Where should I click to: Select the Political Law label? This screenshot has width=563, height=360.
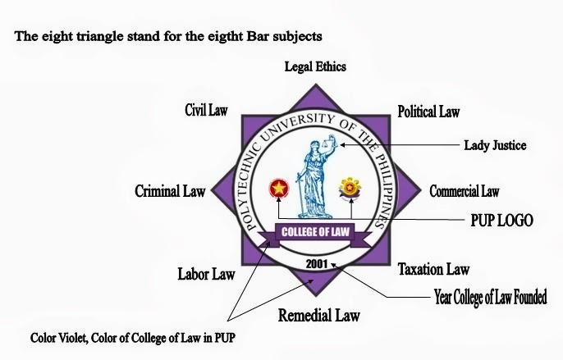(428, 111)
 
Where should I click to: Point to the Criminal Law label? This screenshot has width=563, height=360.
(170, 191)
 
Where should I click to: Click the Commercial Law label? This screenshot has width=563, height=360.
(464, 191)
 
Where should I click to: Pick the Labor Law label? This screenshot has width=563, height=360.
(207, 273)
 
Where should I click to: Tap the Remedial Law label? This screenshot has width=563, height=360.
(318, 315)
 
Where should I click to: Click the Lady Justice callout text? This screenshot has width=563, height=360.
(493, 145)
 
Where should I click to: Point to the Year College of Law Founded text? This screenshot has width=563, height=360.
(490, 296)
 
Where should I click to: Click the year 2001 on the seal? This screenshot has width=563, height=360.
(316, 264)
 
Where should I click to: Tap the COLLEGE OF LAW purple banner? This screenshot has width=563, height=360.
(316, 233)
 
